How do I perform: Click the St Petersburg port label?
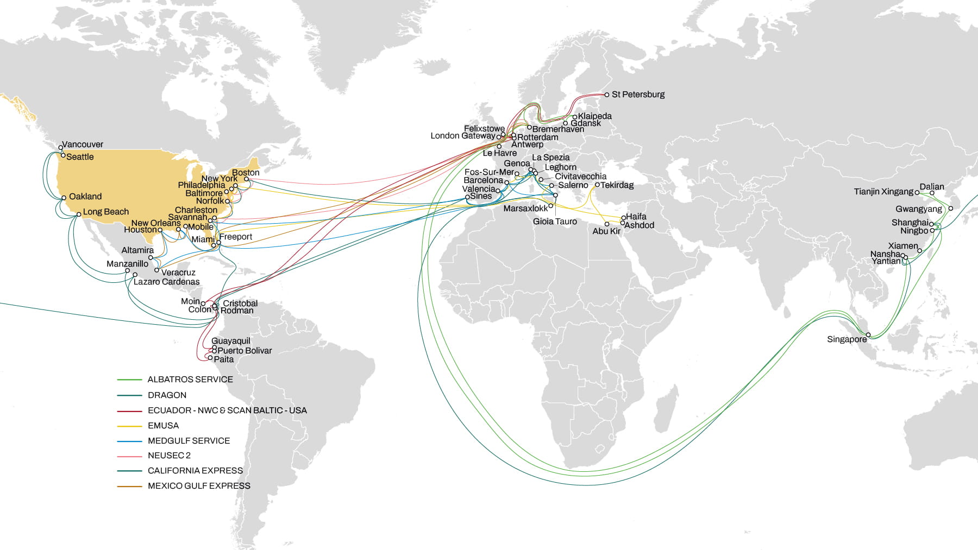point(638,94)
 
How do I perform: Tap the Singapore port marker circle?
point(868,334)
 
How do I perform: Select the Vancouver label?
point(82,144)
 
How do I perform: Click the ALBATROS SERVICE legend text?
point(190,380)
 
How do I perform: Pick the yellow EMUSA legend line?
point(129,426)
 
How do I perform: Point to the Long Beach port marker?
point(79,214)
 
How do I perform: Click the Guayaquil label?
point(231,341)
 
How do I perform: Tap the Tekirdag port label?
point(617,185)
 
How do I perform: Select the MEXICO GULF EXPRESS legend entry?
point(199,486)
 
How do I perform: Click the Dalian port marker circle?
point(932,193)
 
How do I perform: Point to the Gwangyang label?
point(919,209)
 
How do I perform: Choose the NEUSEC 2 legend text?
point(169,456)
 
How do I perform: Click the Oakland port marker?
point(64,198)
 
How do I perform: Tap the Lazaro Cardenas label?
point(166,282)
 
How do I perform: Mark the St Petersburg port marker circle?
point(607,95)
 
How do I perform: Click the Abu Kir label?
point(606,231)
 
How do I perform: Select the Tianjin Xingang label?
point(883,192)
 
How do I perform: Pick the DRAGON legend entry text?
point(167,395)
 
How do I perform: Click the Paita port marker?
point(210,358)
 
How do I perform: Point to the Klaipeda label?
point(595,116)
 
